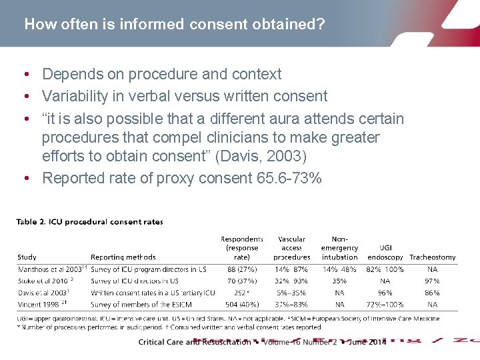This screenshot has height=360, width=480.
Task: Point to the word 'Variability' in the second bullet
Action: pos(75,97)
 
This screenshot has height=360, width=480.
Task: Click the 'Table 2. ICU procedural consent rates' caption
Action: pos(89,222)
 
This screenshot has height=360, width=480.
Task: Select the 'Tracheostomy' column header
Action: pos(432,257)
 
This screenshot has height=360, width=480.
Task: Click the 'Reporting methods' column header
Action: pos(123,257)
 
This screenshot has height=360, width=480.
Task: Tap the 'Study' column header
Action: pos(27,257)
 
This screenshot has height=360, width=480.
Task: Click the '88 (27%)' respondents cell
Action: pos(242,269)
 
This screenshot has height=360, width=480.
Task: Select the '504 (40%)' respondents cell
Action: pos(242,305)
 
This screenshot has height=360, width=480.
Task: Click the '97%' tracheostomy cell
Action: pos(432,281)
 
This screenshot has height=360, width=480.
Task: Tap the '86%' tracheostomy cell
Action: pos(432,293)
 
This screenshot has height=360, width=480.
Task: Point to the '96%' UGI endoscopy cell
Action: pos(385,293)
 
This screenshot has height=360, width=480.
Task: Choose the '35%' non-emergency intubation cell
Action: pos(339,281)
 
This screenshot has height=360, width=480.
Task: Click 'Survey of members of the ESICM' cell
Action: pos(141,305)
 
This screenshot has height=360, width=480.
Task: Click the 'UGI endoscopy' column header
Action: pos(385,252)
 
